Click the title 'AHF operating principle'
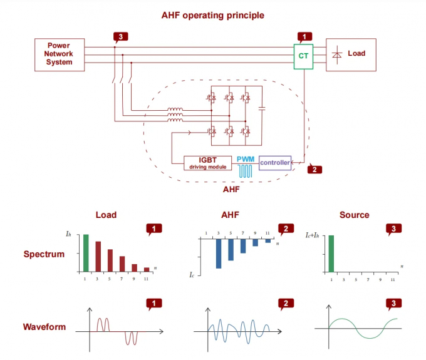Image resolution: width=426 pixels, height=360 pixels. click(212, 15)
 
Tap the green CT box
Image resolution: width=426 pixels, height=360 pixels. click(304, 56)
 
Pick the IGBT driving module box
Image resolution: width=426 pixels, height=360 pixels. click(207, 163)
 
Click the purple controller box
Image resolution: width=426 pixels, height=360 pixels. click(275, 163)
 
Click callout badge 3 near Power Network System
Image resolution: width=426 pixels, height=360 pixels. click(120, 37)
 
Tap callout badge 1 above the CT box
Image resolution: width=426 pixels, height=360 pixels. click(304, 37)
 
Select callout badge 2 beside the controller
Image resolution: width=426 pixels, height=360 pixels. click(315, 169)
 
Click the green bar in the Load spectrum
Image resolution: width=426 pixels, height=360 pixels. click(86, 253)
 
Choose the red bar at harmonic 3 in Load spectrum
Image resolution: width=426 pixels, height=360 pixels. click(98, 257)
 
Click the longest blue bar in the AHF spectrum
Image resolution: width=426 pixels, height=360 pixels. click(219, 254)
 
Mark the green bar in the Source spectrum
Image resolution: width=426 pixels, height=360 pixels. click(330, 254)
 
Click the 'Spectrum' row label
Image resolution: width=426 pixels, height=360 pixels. click(44, 255)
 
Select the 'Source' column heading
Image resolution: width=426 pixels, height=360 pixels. click(354, 215)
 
